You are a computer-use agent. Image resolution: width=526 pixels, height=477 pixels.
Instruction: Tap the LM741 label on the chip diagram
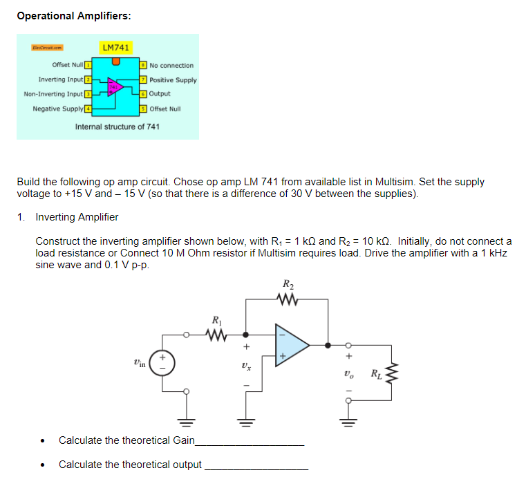(x=115, y=48)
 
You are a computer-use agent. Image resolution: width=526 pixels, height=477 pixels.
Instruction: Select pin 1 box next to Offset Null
(x=88, y=66)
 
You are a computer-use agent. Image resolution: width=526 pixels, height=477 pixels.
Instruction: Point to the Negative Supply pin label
(x=58, y=109)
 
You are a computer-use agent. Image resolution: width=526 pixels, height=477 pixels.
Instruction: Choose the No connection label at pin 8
(x=171, y=66)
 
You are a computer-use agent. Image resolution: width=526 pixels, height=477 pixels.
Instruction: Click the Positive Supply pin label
(x=173, y=79)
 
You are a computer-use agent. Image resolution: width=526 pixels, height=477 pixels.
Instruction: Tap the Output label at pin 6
(x=160, y=94)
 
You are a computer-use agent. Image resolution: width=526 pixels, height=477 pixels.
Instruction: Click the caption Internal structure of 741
(x=118, y=127)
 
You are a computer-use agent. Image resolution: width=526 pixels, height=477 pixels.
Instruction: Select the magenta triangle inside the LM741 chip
(x=115, y=87)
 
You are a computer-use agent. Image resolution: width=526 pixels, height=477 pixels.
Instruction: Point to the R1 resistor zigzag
(x=217, y=335)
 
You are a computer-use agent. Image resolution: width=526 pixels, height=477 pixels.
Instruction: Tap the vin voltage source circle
(x=163, y=363)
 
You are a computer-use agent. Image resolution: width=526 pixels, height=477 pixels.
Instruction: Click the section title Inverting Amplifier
(x=77, y=217)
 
